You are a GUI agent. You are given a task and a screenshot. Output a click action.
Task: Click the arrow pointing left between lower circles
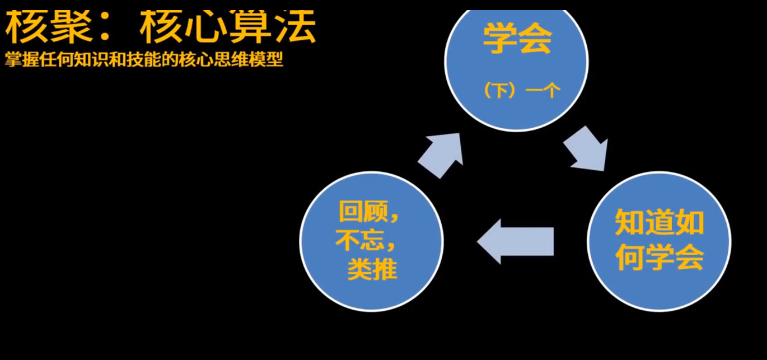(x=515, y=241)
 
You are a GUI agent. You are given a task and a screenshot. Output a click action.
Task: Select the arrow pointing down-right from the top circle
(x=585, y=148)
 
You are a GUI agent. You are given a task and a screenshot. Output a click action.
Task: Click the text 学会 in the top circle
(x=517, y=39)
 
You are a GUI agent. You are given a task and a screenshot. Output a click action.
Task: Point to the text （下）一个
(x=522, y=91)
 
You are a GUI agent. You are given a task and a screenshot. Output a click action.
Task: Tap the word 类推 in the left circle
(x=372, y=270)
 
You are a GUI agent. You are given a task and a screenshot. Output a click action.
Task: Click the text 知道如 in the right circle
(x=659, y=223)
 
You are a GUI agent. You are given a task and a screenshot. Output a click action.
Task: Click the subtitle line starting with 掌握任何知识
(x=144, y=60)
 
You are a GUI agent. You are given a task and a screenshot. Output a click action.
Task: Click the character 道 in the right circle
(x=659, y=223)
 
